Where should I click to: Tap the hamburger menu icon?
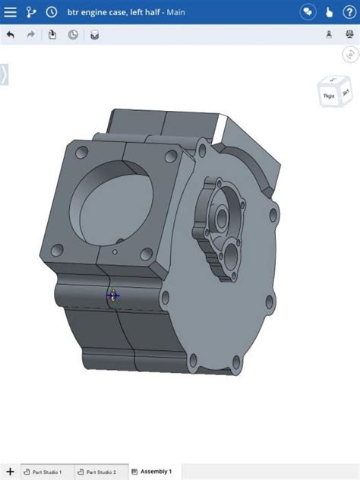11,12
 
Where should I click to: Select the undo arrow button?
11,35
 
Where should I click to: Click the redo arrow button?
31,35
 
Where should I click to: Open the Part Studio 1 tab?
46,472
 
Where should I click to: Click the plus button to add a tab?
10,472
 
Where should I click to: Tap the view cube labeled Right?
330,95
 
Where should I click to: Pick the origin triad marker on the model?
112,295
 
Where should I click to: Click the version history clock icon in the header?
51,12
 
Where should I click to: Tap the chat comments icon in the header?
307,12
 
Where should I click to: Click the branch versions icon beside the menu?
31,12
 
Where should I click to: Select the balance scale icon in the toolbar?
329,35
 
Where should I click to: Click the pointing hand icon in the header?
328,12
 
